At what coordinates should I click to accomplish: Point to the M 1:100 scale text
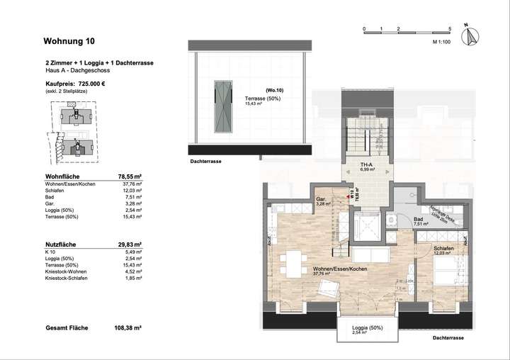443,43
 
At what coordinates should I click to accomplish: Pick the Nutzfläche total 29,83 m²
130,242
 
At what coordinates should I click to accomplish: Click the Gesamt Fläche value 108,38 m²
128,328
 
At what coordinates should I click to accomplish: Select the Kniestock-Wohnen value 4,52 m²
132,271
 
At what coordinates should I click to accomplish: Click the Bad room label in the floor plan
419,220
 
